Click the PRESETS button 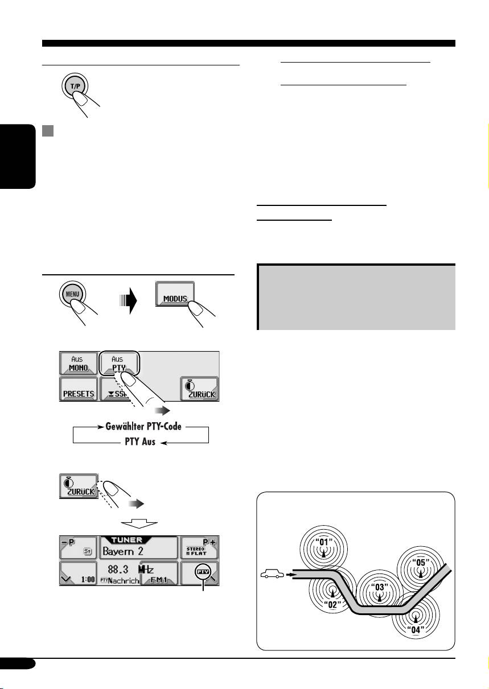point(78,392)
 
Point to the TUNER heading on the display point(139,540)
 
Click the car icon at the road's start point(273,575)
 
